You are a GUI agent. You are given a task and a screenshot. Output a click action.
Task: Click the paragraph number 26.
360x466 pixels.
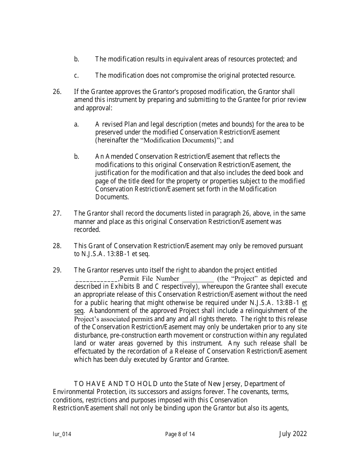(57, 92)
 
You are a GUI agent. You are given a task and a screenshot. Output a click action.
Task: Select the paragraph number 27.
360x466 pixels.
(57, 213)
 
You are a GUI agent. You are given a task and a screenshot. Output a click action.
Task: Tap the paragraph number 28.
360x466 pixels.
(57, 246)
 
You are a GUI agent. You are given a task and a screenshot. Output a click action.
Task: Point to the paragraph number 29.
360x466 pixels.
(57, 270)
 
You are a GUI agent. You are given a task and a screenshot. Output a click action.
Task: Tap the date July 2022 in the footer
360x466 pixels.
(293, 434)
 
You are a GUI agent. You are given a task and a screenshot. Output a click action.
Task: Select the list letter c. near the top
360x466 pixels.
(76, 75)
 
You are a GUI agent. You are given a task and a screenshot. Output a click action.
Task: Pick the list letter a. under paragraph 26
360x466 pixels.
(76, 124)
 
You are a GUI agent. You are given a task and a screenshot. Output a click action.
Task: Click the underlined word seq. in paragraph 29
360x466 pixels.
(79, 311)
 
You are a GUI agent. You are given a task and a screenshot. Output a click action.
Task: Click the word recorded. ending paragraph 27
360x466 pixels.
(87, 230)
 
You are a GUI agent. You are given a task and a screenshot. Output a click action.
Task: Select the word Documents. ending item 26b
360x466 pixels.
(112, 197)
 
